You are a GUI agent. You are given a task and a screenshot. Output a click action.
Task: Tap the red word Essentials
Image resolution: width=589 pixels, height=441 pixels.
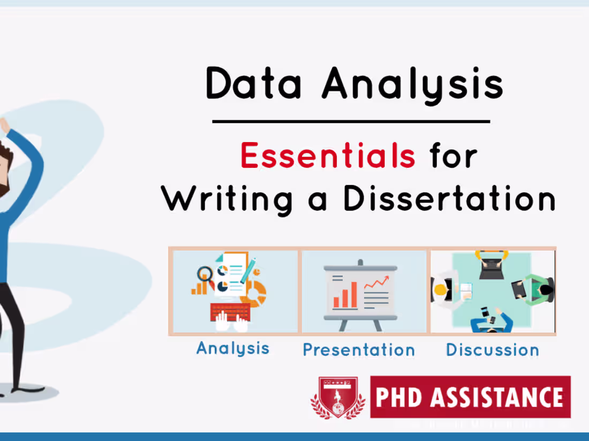point(328,156)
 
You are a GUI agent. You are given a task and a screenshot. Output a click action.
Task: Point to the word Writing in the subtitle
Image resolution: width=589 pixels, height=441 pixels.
point(227,199)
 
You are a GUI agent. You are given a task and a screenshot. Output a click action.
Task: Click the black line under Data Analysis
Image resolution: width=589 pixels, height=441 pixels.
point(351,122)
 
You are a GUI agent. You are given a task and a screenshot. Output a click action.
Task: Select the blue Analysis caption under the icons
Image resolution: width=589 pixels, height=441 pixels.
point(233,348)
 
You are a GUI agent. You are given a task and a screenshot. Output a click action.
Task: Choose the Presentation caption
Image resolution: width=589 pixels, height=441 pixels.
point(359,350)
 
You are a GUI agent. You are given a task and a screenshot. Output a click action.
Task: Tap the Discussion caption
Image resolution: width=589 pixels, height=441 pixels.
point(493,350)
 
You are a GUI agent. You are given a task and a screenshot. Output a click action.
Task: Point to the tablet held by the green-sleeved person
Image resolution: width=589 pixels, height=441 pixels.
point(518,289)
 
